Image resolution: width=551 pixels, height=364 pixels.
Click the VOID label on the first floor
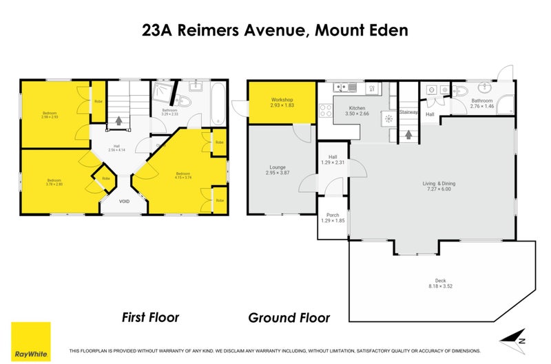(x=124, y=202)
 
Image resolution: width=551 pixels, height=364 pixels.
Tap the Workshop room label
(x=282, y=100)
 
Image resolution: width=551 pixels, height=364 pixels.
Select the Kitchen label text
(x=357, y=109)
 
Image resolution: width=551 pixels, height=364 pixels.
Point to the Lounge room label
(x=278, y=167)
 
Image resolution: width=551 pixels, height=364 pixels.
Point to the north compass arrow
(x=510, y=341)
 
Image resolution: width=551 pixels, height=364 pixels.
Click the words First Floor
(x=150, y=317)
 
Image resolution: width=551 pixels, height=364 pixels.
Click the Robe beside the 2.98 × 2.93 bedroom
(x=99, y=103)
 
